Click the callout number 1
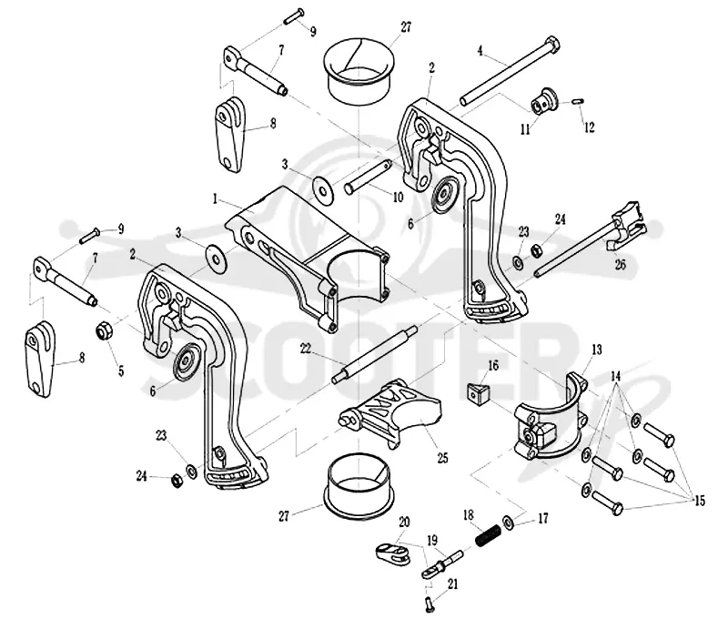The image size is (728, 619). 215,199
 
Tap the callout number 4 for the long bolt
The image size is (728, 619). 480,50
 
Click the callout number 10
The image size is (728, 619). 398,197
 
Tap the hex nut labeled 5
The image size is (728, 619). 104,331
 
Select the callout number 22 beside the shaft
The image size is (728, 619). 305,349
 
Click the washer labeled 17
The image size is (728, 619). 508,522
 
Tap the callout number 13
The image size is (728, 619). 597,350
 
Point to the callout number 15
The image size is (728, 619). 699,501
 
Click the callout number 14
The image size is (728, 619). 616,376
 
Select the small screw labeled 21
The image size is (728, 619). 428,604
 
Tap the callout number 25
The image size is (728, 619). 442,458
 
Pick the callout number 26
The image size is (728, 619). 621,265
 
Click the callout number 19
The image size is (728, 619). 431,541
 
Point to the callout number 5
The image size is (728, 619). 121,371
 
